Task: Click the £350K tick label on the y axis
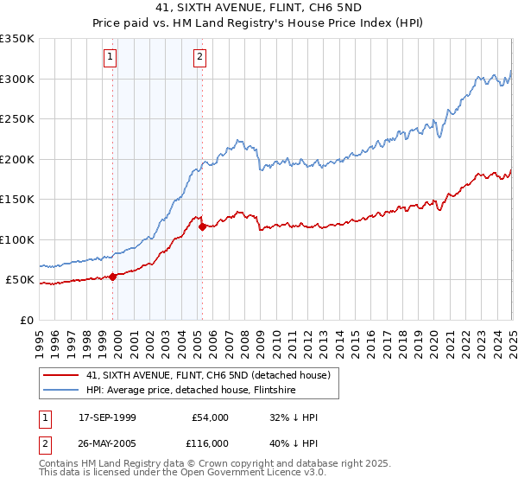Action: click(17, 39)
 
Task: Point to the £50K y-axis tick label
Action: click(21, 280)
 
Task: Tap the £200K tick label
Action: click(17, 159)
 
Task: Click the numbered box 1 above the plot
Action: click(111, 58)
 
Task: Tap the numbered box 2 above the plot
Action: click(200, 58)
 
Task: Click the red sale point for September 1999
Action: click(113, 277)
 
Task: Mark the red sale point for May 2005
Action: click(202, 227)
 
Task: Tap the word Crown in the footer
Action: click(234, 464)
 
